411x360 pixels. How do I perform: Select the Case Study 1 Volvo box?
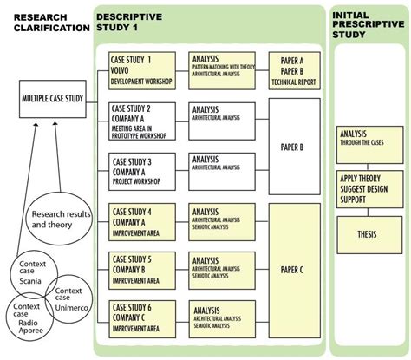pos(142,71)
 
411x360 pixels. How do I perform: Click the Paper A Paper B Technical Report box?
pos(293,71)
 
